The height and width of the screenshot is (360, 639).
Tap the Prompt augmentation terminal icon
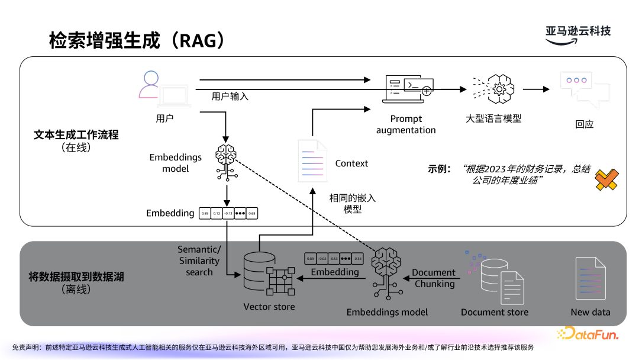pyautogui.click(x=408, y=89)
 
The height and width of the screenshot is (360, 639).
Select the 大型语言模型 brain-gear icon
pyautogui.click(x=499, y=89)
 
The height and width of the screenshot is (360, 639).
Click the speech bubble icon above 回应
pyautogui.click(x=583, y=89)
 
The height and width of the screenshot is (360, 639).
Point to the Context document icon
pyautogui.click(x=312, y=160)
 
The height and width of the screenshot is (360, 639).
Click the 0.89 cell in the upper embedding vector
pyautogui.click(x=205, y=213)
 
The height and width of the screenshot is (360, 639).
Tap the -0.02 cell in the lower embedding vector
pyautogui.click(x=322, y=259)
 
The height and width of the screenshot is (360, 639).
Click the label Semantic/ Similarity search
pyautogui.click(x=199, y=261)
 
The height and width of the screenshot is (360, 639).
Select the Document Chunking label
pyautogui.click(x=434, y=278)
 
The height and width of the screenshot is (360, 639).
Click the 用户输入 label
pyautogui.click(x=230, y=96)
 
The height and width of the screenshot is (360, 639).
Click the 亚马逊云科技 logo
pyautogui.click(x=577, y=33)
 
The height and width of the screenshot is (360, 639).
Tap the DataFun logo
pyautogui.click(x=587, y=335)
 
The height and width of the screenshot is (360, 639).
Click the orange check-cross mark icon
pyautogui.click(x=606, y=179)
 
